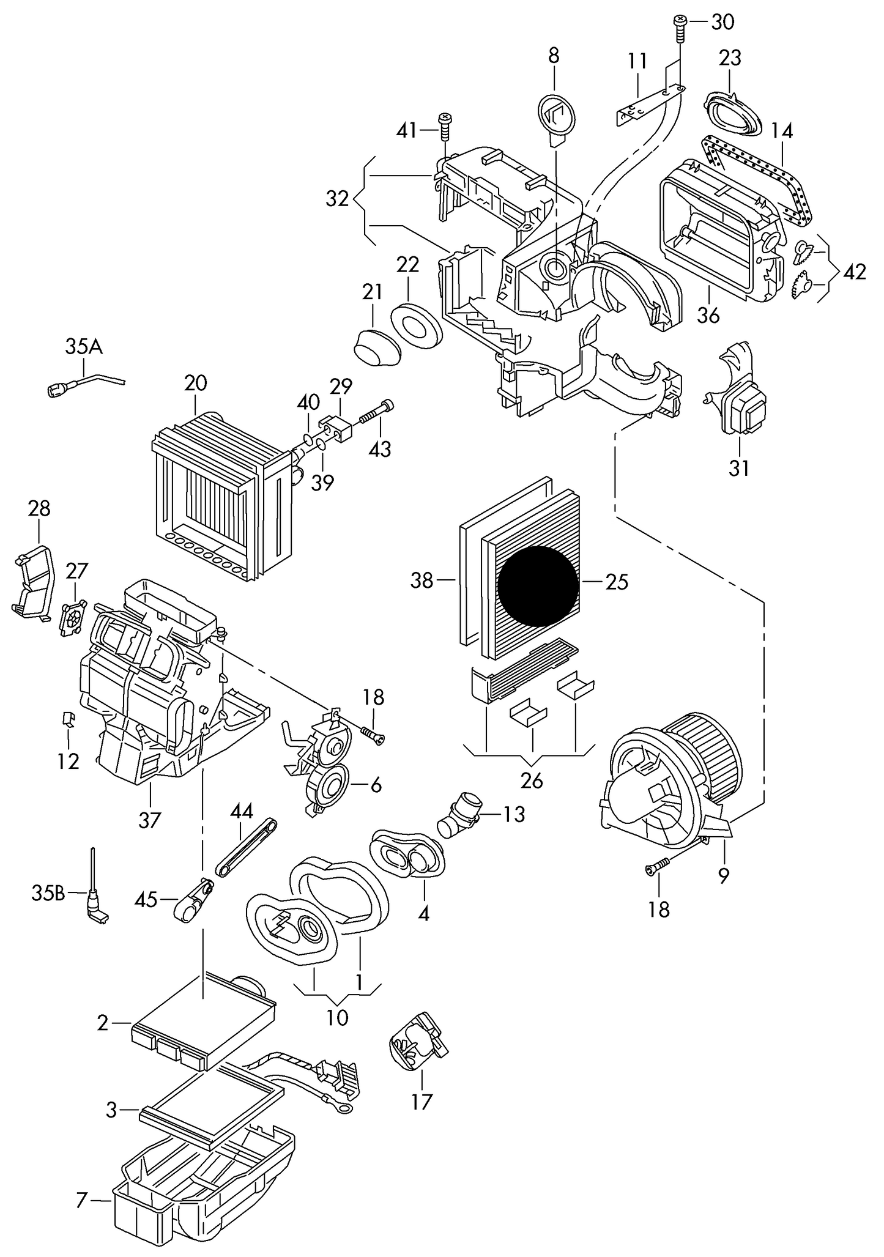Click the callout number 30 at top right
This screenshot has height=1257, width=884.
pyautogui.click(x=722, y=23)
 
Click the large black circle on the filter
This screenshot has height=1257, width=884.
pyautogui.click(x=538, y=586)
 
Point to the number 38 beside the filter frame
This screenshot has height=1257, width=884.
pyautogui.click(x=422, y=580)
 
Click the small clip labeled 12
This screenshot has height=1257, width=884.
pyautogui.click(x=69, y=719)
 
